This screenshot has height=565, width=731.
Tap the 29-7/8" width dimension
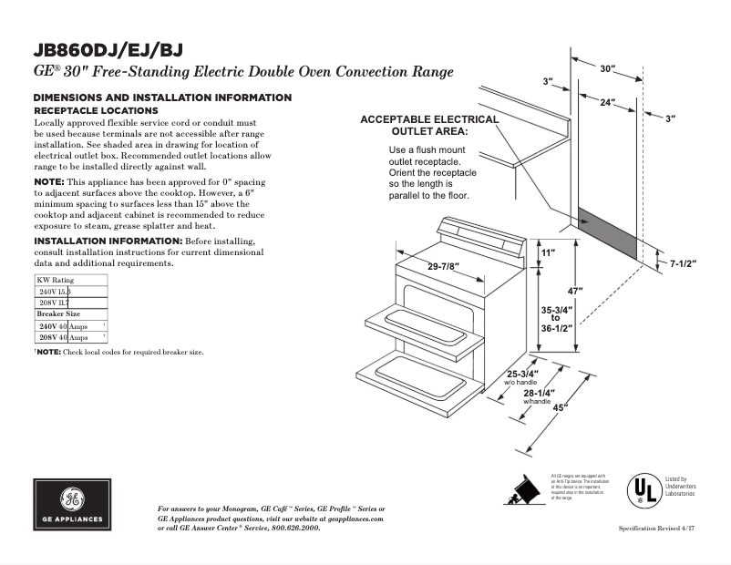443,266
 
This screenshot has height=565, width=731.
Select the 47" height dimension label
575,290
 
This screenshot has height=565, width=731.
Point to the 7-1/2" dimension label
683,264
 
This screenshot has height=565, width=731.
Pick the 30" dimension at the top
608,68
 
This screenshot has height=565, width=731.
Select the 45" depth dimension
559,407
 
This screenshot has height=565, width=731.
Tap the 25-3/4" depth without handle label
522,375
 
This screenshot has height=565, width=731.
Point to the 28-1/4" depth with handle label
538,394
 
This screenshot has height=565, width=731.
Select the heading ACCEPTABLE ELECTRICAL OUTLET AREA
429,125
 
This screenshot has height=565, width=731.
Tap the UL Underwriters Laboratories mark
642,491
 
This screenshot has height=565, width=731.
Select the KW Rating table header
56,280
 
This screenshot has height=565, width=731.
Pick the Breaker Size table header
58,313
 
